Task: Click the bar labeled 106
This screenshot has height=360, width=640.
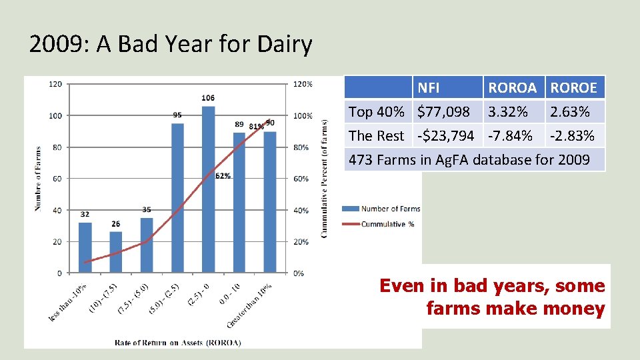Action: point(208,189)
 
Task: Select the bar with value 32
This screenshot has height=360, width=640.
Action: point(85,247)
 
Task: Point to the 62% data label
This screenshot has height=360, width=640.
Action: point(223,176)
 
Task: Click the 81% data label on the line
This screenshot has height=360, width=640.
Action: point(256,127)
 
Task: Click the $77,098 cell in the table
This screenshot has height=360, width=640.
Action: point(443,111)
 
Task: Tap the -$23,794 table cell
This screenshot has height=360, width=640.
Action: point(445,135)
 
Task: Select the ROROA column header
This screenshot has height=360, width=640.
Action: point(512,87)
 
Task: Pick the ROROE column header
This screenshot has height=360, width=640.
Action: point(574,87)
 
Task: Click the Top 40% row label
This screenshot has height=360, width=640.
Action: point(377,111)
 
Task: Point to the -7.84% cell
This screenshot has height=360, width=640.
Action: point(511,135)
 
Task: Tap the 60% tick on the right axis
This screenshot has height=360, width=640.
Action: point(302,179)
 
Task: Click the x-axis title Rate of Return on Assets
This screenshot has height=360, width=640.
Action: point(178,343)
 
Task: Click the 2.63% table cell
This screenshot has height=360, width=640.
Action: point(570,111)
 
